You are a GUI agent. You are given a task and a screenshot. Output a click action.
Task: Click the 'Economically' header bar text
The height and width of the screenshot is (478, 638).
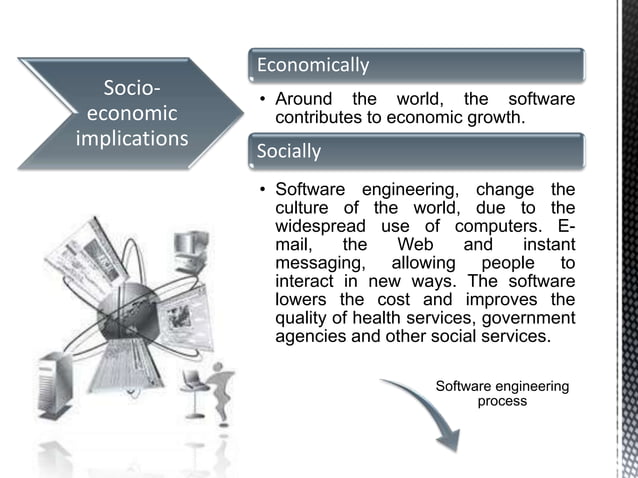[x=313, y=66]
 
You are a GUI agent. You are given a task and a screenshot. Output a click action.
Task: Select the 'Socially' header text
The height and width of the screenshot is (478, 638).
[x=289, y=152]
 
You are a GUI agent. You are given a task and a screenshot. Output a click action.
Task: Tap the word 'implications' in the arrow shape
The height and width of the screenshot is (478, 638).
[x=132, y=138]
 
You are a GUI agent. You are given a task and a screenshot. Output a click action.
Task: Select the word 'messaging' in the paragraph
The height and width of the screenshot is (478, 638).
[x=315, y=262]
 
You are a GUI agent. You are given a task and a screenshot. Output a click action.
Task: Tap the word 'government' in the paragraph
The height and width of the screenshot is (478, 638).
[x=525, y=317]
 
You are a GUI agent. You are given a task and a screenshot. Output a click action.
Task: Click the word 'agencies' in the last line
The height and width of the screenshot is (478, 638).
[x=311, y=336]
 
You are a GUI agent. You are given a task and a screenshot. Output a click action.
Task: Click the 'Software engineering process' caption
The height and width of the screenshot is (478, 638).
[x=502, y=393]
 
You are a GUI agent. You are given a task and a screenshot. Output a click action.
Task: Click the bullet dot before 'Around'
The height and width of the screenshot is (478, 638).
[x=262, y=100]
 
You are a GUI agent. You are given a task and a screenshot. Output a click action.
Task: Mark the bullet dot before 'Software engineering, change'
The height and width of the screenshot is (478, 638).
[x=262, y=190]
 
